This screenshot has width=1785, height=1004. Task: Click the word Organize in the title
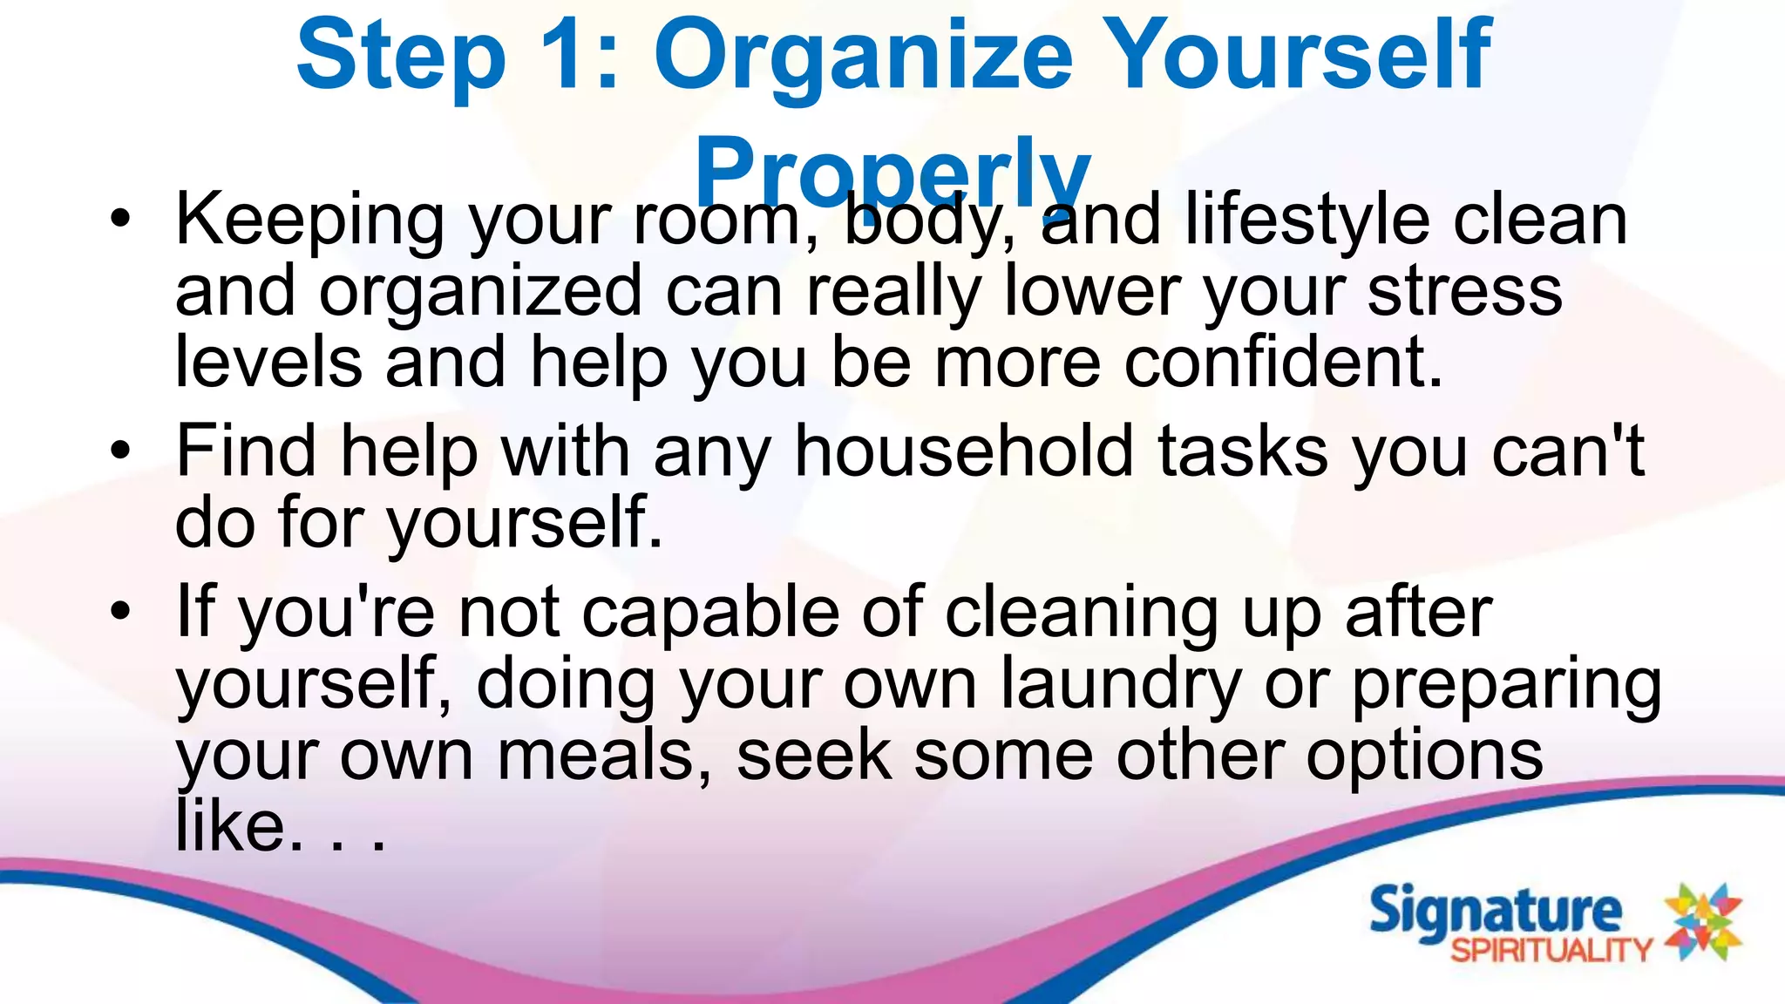(863, 57)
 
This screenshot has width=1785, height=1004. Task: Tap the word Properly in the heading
(892, 170)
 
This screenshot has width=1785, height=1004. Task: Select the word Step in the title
(401, 57)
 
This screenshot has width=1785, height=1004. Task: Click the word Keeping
(309, 220)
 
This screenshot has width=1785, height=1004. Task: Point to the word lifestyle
(1307, 220)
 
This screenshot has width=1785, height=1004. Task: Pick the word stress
(1464, 291)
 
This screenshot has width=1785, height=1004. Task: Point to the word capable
(710, 614)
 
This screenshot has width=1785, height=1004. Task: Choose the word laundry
(1120, 685)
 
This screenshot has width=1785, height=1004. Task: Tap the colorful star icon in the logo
(1703, 922)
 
